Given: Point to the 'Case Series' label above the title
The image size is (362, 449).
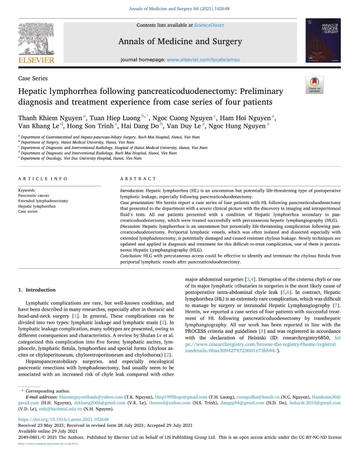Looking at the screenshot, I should [33, 79].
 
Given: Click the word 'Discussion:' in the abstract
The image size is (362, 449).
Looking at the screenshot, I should [133, 226].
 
